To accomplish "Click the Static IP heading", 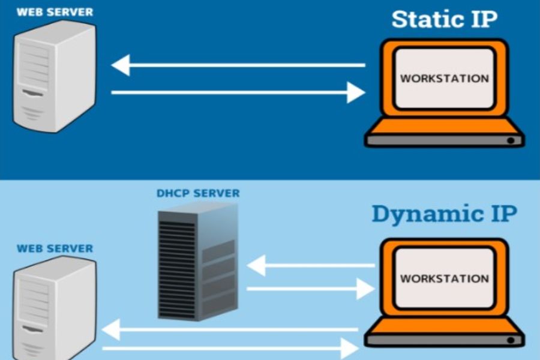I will click(444, 19).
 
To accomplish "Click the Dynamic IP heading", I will click(443, 214).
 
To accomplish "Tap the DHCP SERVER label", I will click(197, 194).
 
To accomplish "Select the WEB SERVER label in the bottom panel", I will click(55, 248).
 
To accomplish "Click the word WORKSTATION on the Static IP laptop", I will click(444, 78).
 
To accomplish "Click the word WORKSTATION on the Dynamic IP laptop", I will click(444, 278).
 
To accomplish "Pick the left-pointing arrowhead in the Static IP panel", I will click(121, 65).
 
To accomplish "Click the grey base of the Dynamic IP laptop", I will click(444, 340).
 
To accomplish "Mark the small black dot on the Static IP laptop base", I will click(510, 140).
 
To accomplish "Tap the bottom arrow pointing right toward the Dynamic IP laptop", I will click(228, 347).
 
